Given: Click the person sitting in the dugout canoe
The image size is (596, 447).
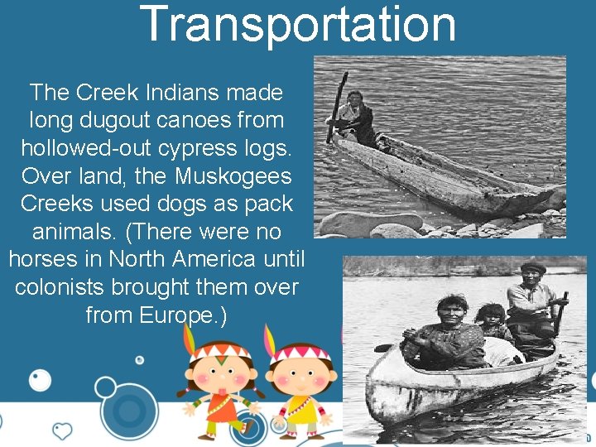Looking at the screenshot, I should [x=356, y=116].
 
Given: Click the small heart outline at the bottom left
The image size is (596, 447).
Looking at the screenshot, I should [x=62, y=430].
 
